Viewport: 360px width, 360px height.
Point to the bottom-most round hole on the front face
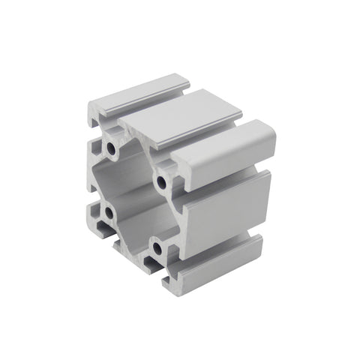click(157, 246)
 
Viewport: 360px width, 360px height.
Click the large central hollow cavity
click(135, 196)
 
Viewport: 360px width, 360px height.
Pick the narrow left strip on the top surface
click(139, 93)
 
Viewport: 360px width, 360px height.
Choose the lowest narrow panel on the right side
click(217, 262)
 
